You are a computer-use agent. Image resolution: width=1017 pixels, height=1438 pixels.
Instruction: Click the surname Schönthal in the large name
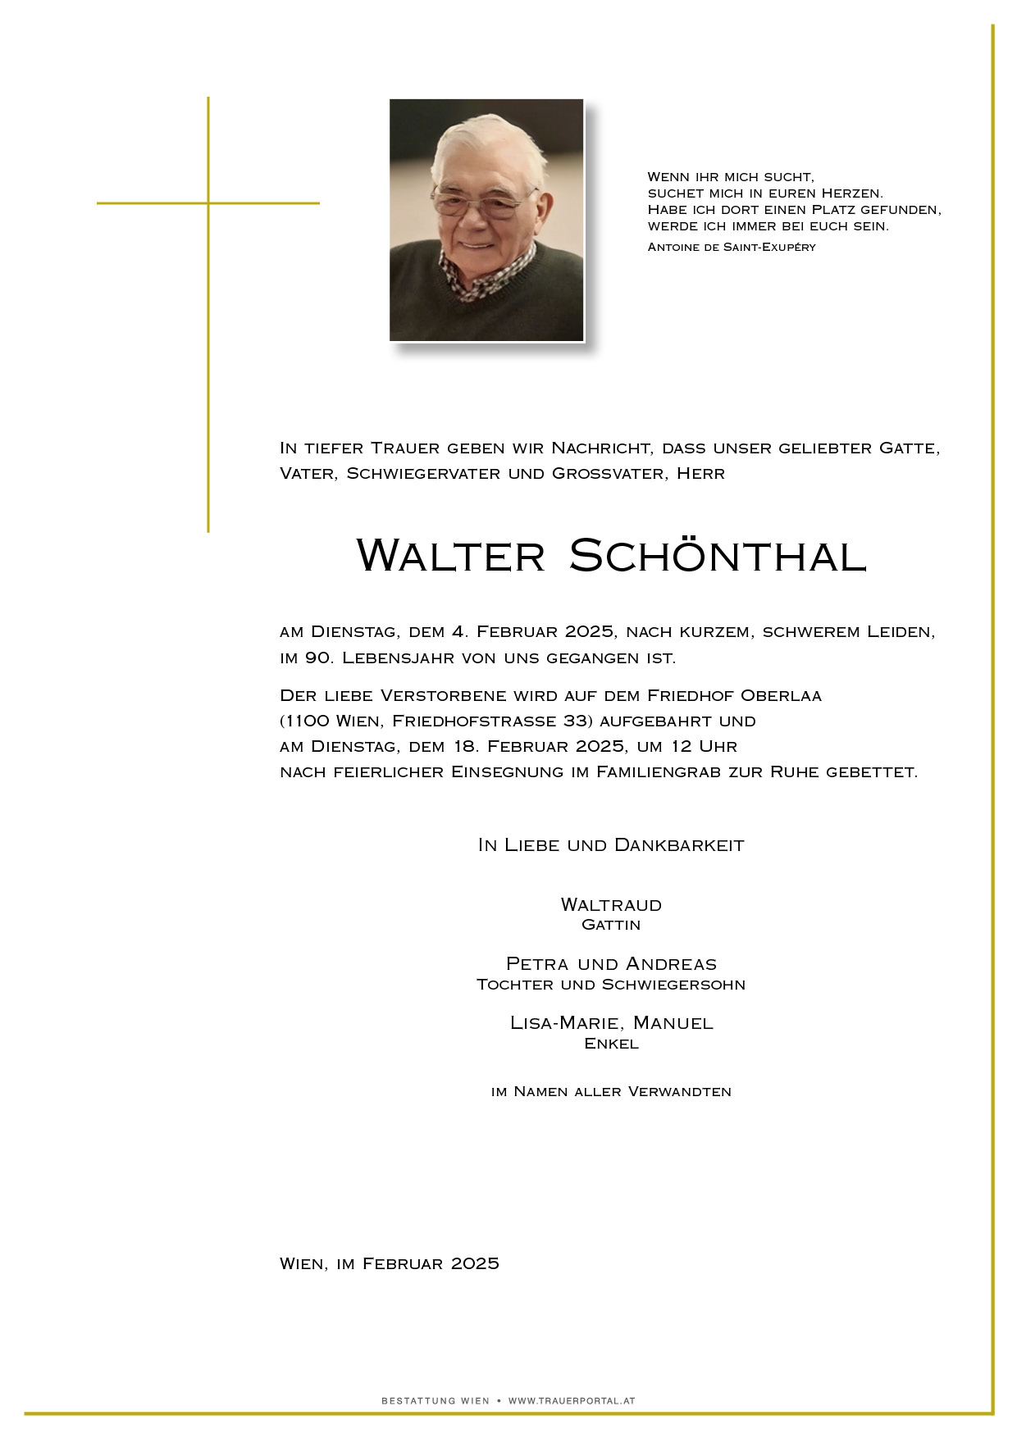[718, 556]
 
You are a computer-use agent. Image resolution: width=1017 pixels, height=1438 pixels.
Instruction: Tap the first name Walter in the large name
[451, 556]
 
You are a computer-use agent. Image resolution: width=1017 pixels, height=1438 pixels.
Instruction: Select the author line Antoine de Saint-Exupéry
[732, 247]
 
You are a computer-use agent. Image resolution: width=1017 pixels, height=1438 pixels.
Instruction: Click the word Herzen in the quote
[852, 193]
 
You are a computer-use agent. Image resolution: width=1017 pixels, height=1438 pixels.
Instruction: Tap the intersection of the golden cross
[208, 203]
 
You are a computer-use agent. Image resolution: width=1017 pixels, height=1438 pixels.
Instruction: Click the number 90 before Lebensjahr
[318, 658]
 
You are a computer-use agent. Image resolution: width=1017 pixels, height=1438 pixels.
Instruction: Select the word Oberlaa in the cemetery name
[781, 696]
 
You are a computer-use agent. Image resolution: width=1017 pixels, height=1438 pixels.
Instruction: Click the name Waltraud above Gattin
[611, 905]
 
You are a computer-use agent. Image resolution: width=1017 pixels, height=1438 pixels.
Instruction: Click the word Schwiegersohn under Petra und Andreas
[673, 985]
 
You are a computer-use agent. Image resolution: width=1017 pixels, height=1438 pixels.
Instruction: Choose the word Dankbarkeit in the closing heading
[679, 845]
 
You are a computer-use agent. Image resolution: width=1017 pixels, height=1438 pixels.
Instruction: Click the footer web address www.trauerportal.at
[572, 1401]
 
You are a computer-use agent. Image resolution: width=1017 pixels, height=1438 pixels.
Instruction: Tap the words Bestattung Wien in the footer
[436, 1401]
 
